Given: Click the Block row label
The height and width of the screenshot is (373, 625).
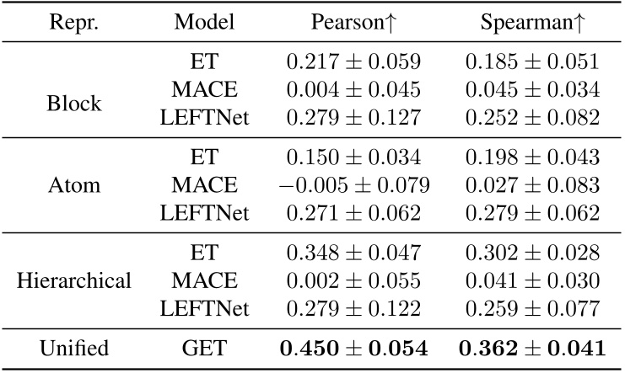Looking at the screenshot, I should [x=73, y=104].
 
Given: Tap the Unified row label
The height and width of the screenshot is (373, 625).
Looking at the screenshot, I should [x=73, y=348].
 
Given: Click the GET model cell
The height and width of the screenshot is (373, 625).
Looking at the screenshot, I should [x=204, y=348].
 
